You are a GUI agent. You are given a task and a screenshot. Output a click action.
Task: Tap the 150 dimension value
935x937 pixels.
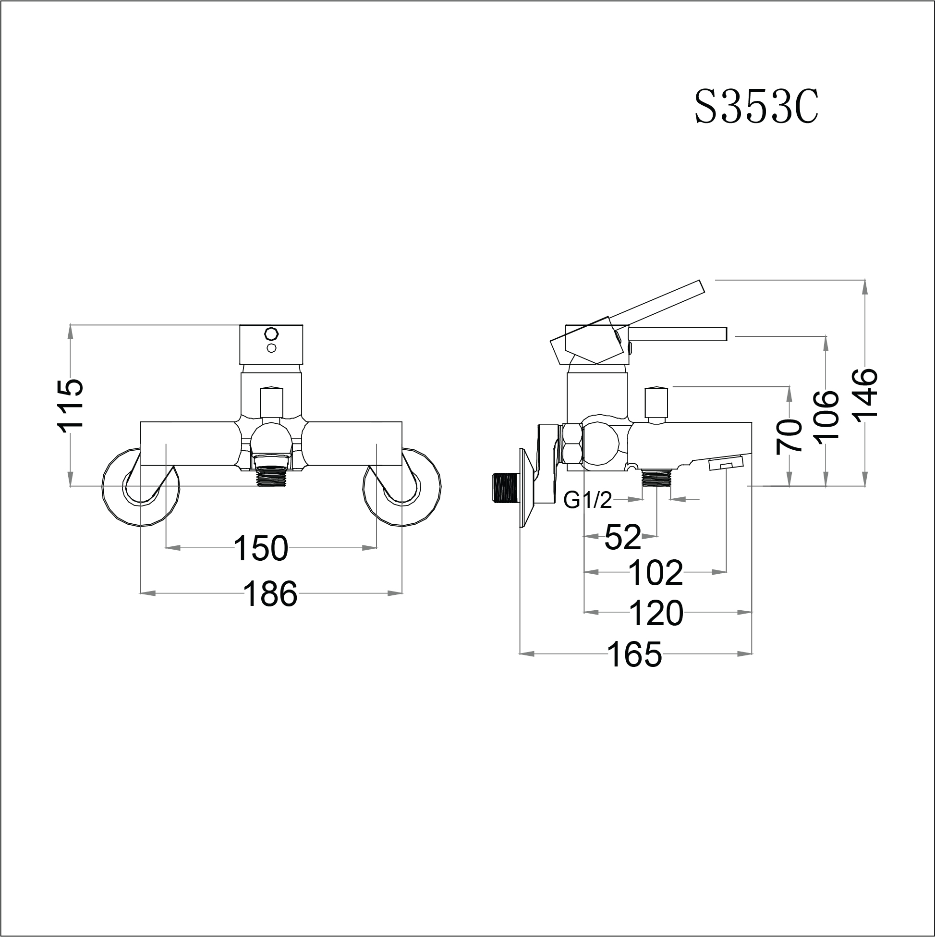[x=261, y=548]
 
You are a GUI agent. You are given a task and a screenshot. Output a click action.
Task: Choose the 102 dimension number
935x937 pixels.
[x=656, y=573]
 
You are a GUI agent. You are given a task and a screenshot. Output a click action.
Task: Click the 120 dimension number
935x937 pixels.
[x=656, y=613]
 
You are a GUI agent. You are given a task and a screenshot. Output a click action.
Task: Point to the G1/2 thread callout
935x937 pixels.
[x=587, y=501]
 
